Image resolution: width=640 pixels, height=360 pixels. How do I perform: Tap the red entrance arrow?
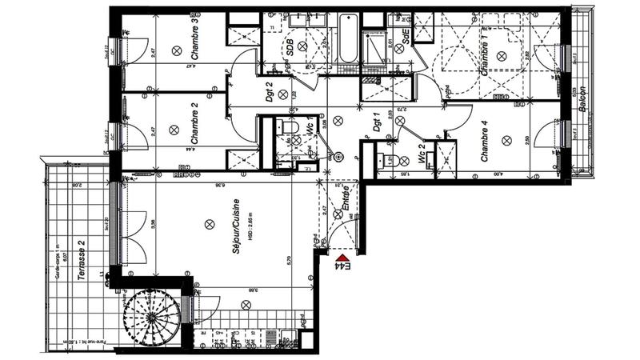(322, 254)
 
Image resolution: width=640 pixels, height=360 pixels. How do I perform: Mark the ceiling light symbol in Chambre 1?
(502, 54)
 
